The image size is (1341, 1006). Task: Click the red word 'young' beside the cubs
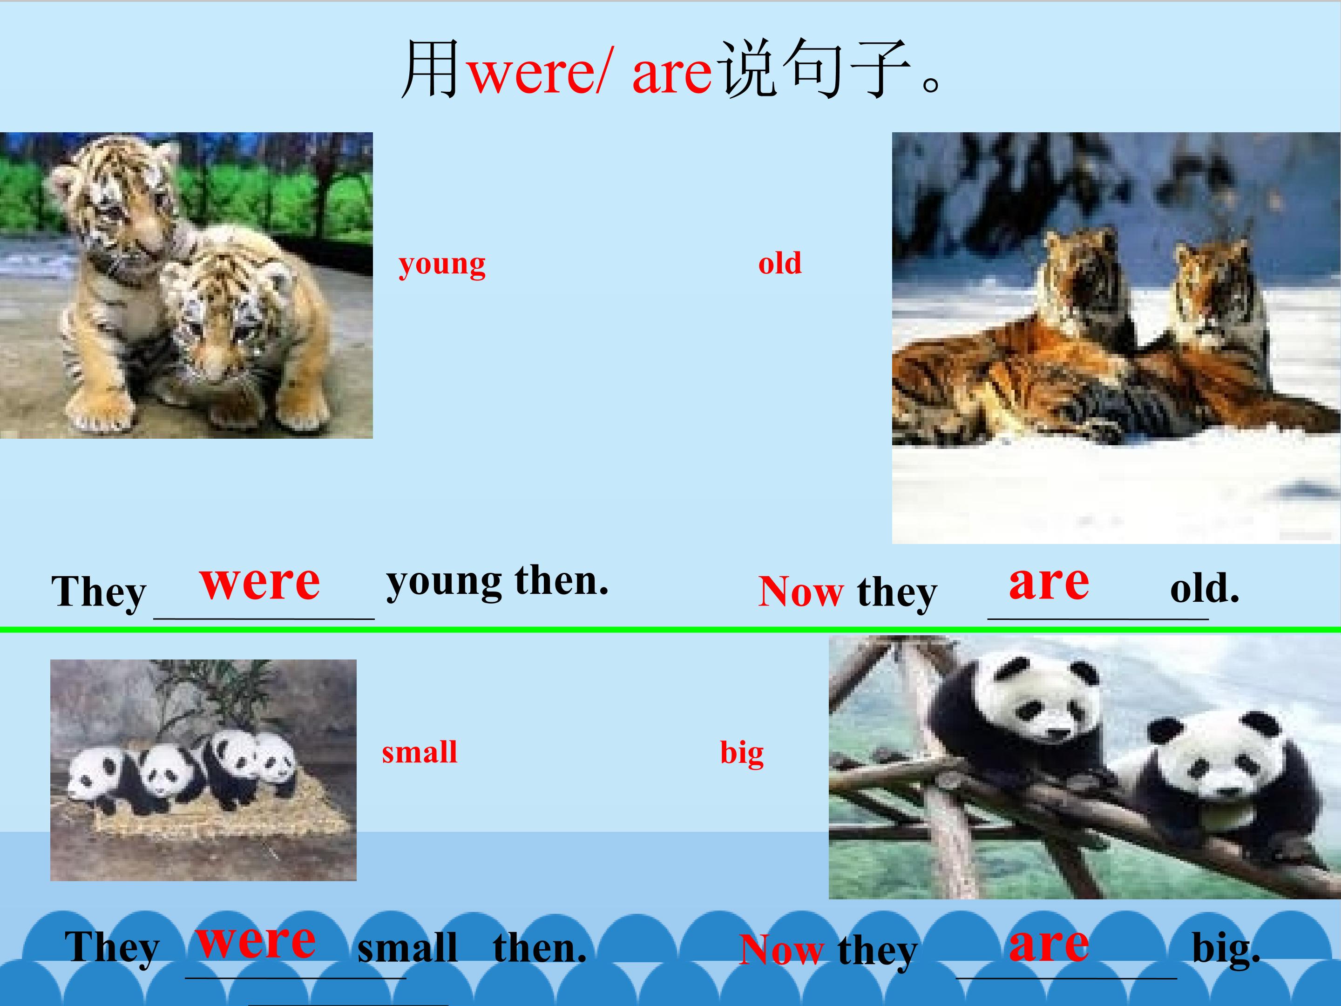(x=442, y=265)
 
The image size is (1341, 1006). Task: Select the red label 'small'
(x=419, y=753)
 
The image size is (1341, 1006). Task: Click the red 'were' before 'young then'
(x=259, y=582)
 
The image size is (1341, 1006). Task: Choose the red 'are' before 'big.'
(x=1049, y=944)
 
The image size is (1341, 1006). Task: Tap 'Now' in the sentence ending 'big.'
(x=781, y=950)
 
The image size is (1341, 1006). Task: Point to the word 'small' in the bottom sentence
(x=407, y=948)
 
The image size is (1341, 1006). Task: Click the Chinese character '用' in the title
(x=430, y=70)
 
